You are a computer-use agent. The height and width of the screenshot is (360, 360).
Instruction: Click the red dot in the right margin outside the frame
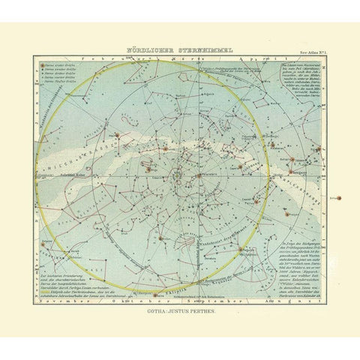(x=337, y=197)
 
